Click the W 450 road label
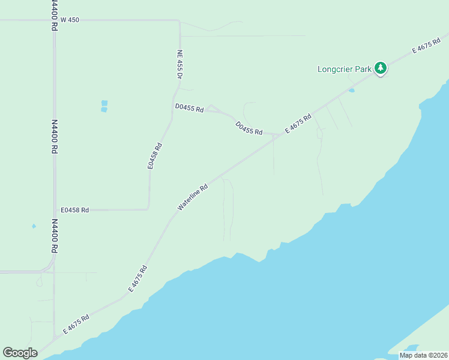70,20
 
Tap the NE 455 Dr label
179,64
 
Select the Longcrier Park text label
345,69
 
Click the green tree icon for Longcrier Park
380,68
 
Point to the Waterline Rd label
193,197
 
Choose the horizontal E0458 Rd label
75,210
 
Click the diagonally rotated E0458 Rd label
155,155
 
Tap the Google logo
20,353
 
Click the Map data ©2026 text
423,355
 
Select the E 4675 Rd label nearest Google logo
76,325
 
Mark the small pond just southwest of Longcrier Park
351,91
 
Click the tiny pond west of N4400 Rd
34,226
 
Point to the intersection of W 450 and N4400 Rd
54,20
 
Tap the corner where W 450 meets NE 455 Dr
178,21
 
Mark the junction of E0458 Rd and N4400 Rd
55,210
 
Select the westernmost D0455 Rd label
190,109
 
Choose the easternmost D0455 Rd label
249,128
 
